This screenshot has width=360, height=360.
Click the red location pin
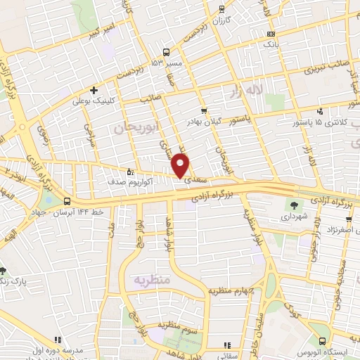pos(181,166)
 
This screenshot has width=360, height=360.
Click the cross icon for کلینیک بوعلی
pos(94,90)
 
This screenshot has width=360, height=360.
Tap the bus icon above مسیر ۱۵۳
pos(167,51)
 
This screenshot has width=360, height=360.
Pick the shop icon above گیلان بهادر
pos(204,111)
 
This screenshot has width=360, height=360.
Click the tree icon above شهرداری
pos(292,205)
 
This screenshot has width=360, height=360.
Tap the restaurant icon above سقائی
pos(226,345)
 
